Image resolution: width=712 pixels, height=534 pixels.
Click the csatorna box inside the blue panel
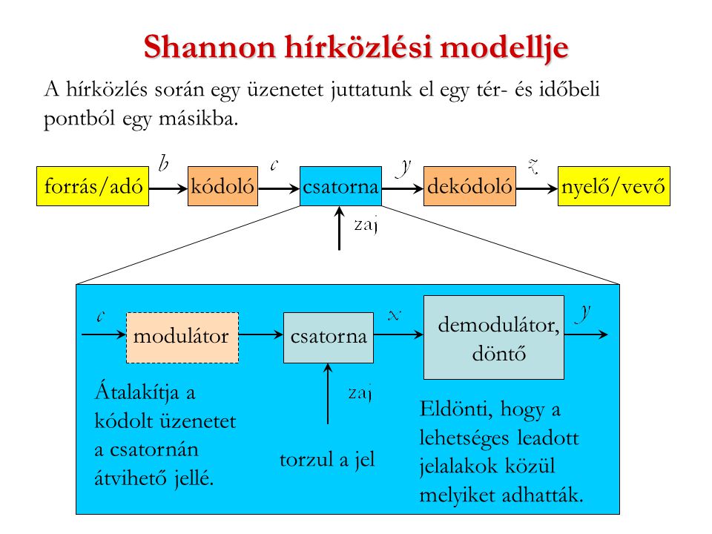pos(329,337)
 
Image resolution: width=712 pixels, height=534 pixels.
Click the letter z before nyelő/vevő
pos(532,165)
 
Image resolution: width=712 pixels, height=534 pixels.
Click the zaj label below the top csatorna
pos(366,225)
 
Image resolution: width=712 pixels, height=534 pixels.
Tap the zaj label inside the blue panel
pos(359,392)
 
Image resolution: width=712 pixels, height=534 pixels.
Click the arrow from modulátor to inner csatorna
pos(261,336)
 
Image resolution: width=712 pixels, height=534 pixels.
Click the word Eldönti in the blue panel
pos(446,409)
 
